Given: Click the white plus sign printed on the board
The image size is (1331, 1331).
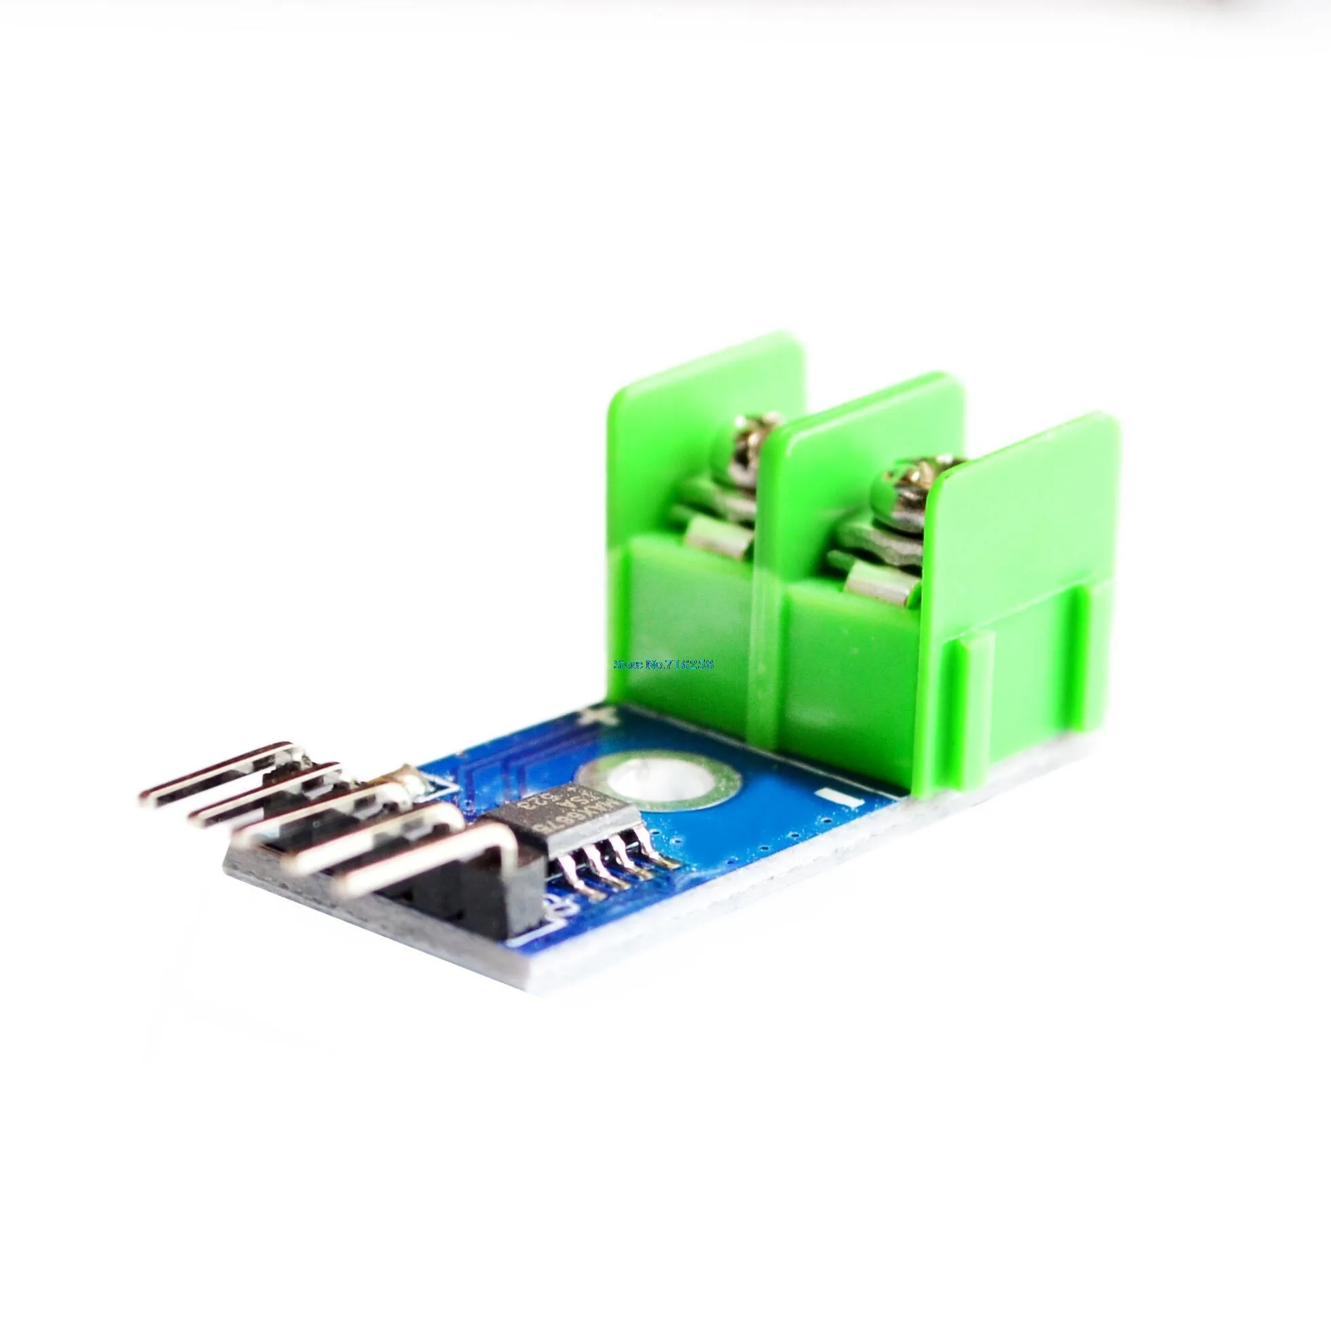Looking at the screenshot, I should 590,718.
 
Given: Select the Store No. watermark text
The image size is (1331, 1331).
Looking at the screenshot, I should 664,665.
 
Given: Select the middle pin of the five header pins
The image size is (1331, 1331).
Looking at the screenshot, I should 310,813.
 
